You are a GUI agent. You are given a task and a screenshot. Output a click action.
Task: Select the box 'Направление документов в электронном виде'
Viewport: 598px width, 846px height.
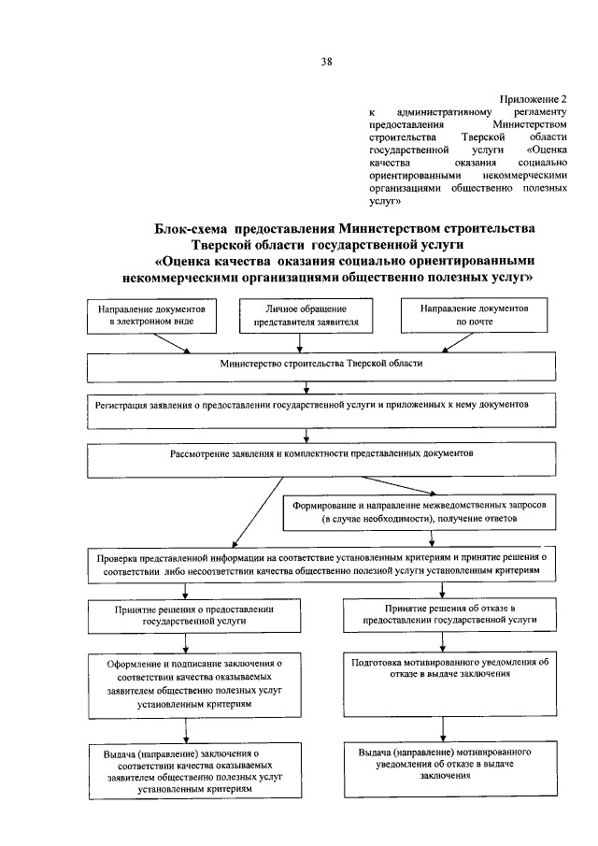point(150,316)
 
